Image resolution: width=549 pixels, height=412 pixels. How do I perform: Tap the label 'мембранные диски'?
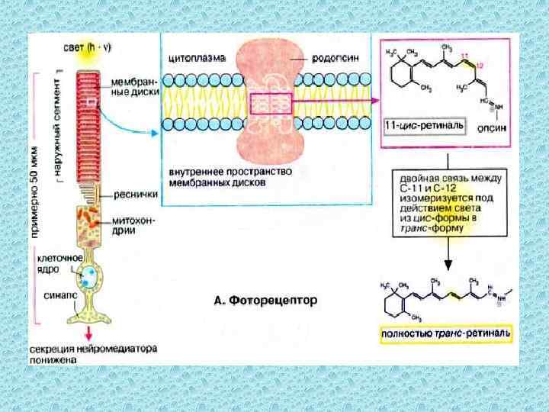tap(133, 84)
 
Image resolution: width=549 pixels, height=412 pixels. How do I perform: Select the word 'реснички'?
tap(136, 194)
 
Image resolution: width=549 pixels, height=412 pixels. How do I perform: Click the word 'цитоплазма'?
tap(194, 58)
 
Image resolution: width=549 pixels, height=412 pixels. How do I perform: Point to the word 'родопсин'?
tap(332, 58)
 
